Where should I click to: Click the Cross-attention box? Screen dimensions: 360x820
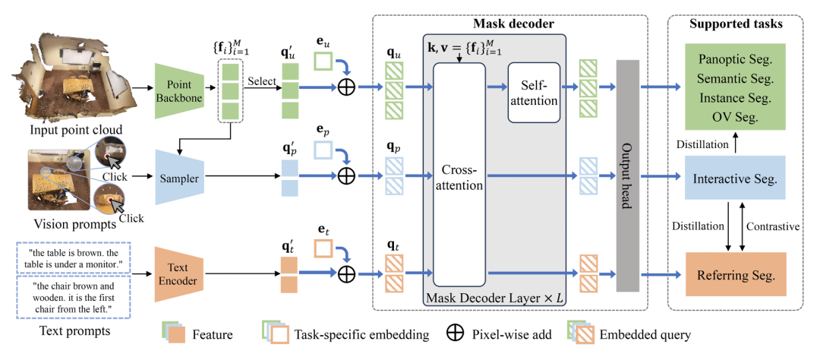(459, 179)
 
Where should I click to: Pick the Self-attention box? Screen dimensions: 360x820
(534, 93)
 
